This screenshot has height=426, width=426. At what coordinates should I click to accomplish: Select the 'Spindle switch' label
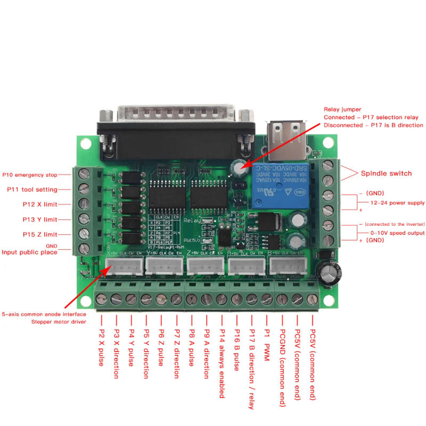click(386, 173)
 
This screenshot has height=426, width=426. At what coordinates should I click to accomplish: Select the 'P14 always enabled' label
click(221, 362)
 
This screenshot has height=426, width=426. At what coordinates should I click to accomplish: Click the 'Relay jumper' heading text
click(342, 109)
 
